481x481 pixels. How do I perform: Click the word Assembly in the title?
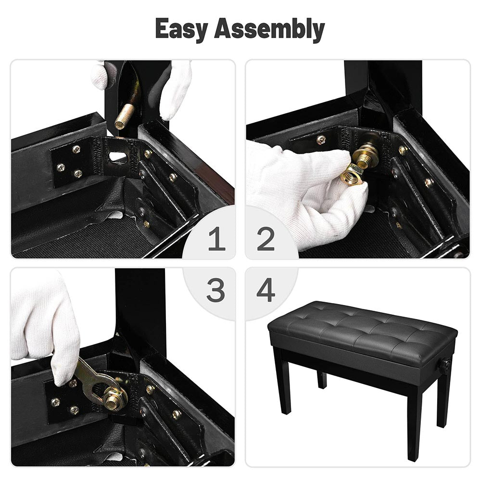pyautogui.click(x=270, y=29)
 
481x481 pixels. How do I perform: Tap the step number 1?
pyautogui.click(x=217, y=239)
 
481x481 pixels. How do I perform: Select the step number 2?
pyautogui.click(x=266, y=239)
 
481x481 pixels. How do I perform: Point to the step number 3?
pyautogui.click(x=215, y=290)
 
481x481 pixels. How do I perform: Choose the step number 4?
pyautogui.click(x=266, y=290)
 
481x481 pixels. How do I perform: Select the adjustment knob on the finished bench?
pyautogui.click(x=445, y=365)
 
